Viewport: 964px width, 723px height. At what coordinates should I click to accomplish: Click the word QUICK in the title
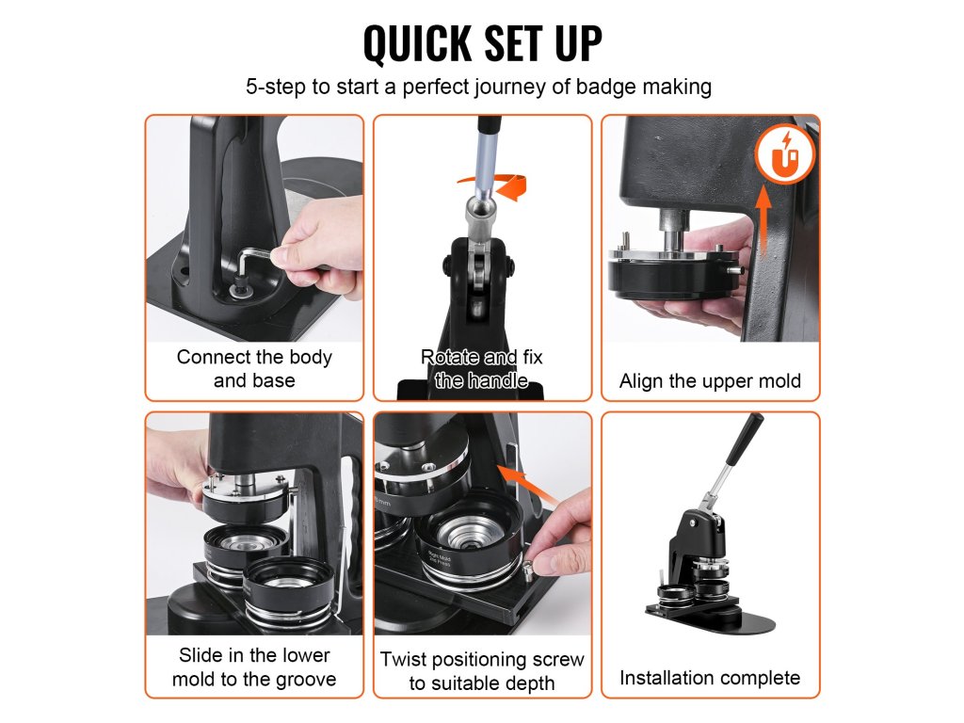[417, 43]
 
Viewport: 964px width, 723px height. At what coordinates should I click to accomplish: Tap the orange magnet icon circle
[785, 154]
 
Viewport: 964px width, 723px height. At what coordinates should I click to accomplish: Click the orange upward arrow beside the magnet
[763, 221]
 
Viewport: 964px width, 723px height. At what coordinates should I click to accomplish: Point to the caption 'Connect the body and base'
[254, 369]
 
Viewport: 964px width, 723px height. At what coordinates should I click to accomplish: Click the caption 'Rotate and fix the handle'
[482, 369]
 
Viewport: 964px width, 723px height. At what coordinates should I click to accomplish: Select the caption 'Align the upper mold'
[710, 381]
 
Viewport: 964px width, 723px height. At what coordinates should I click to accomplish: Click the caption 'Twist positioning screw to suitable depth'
[482, 670]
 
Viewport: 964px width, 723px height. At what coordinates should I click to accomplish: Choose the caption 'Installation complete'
[710, 678]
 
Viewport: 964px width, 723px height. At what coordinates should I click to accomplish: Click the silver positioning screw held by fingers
[529, 566]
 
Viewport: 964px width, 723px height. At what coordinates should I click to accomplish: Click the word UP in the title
[578, 43]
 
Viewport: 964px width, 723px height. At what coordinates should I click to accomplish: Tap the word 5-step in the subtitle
[276, 88]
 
